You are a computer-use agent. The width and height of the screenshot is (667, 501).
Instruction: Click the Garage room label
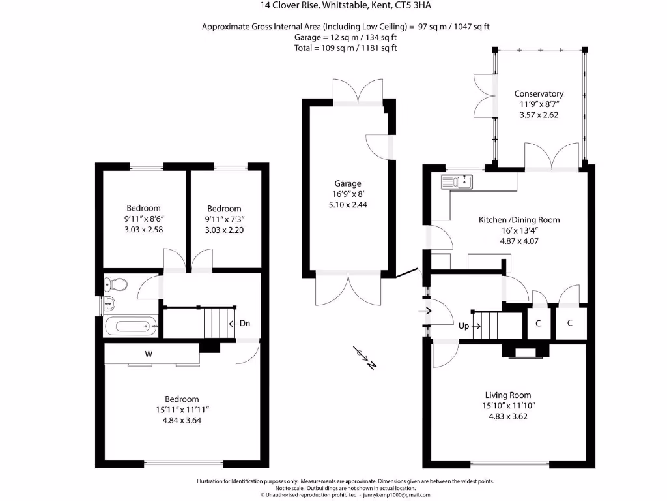348,183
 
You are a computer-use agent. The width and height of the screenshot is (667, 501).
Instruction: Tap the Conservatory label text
539,94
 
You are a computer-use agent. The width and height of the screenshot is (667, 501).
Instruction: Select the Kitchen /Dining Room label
519,220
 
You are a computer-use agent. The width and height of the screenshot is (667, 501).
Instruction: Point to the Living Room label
508,395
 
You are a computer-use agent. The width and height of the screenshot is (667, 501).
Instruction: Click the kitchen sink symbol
457,182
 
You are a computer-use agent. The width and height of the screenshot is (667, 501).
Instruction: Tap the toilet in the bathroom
116,283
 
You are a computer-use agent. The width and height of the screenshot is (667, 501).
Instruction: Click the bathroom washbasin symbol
109,304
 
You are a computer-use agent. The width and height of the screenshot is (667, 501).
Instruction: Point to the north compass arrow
365,357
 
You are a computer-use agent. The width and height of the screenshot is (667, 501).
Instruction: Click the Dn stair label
245,324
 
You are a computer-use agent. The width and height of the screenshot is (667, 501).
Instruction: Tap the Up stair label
464,326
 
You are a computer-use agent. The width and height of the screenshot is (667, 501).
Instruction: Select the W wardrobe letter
149,354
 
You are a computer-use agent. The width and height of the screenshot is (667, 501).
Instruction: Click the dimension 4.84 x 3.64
182,421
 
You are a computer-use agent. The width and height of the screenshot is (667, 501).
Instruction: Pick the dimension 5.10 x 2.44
348,204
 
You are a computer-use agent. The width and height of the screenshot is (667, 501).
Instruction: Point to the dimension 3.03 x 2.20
224,230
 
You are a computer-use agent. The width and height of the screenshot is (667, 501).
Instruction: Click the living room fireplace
526,352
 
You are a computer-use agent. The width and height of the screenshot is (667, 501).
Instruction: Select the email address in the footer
397,495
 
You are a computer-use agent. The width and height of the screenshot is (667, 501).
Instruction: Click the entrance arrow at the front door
425,311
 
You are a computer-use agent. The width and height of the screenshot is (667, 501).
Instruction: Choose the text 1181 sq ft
379,48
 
